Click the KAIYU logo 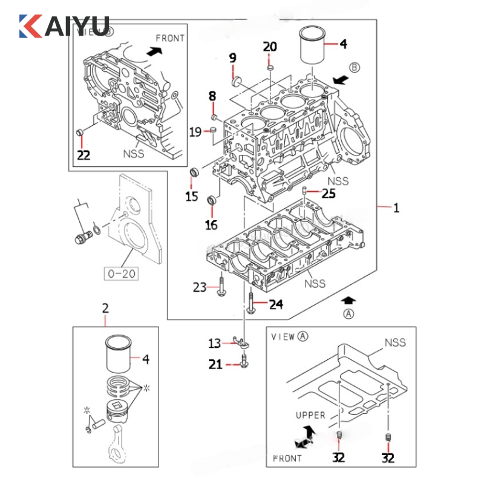64,26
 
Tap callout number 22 83,155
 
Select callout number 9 232,58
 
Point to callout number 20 270,47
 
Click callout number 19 195,131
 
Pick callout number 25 328,194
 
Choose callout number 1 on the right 396,209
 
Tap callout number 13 215,344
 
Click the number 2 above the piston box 105,309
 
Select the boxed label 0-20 121,273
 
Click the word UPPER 310,415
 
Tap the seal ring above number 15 194,173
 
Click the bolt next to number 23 221,287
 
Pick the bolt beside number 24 250,302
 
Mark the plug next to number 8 214,116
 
